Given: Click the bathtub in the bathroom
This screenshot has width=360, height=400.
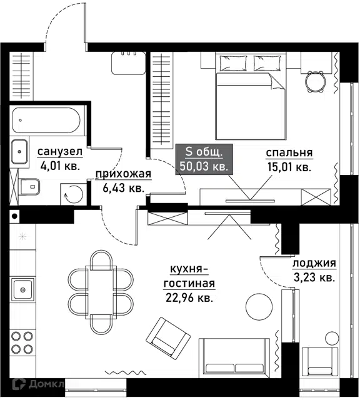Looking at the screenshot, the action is coord(46,120).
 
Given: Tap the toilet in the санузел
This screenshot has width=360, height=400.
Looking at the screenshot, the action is coord(29,186).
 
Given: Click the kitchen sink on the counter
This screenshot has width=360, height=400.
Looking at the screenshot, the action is coord(23,289).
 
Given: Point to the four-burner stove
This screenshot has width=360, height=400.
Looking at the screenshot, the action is coord(22,342).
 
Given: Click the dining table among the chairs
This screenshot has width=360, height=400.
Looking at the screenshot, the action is coord(101,292).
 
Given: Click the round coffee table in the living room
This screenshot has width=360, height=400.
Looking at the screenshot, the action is coord(259,306).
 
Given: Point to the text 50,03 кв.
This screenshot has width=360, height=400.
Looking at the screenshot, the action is coord(204,166).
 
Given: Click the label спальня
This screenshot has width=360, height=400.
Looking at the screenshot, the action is coord(289,152).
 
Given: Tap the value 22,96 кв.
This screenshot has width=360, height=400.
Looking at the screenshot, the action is coord(189,297).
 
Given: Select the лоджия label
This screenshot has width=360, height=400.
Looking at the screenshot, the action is coord(314,263).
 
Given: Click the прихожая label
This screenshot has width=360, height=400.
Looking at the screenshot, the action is coord(124,174).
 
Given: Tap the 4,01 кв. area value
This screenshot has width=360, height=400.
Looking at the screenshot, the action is coord(60,166).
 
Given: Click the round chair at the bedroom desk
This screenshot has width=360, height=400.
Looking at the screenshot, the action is coord(316,82).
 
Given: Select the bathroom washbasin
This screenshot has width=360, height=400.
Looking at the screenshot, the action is coord(19,151).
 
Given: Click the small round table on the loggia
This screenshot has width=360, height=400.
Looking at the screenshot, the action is coord(332,338).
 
